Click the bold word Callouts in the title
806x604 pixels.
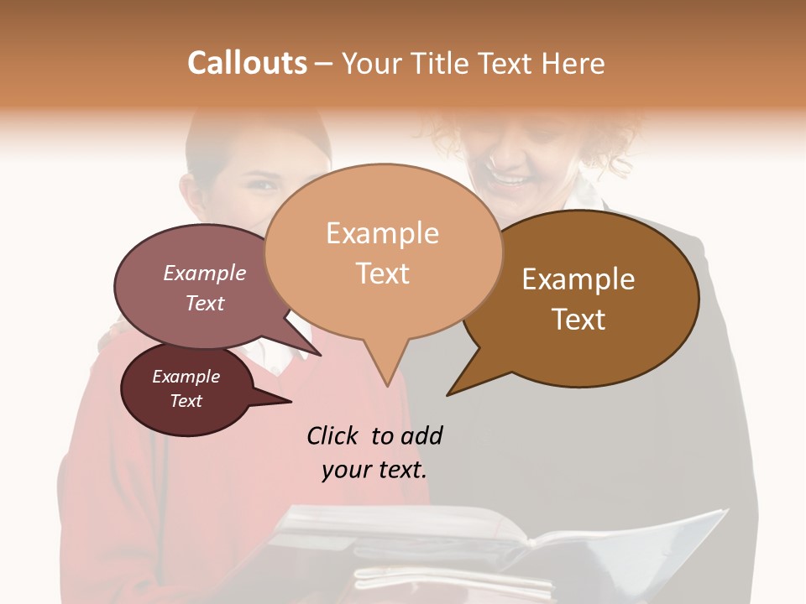click(247, 63)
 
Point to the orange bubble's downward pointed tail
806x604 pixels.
click(385, 369)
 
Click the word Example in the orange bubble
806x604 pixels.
click(382, 233)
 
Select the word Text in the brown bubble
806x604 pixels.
click(579, 320)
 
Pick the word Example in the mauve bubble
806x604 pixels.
click(205, 273)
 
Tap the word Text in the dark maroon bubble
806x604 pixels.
click(186, 401)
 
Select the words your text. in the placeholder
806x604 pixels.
click(374, 470)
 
